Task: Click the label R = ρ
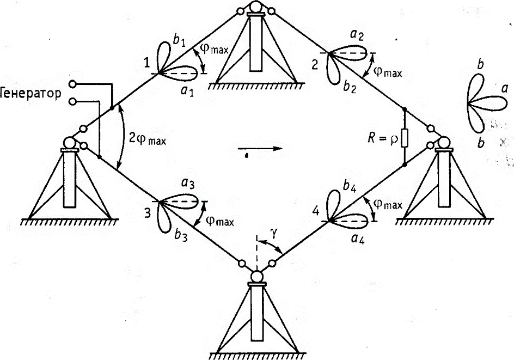[x=383, y=138]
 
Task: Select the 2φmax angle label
[x=147, y=139]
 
